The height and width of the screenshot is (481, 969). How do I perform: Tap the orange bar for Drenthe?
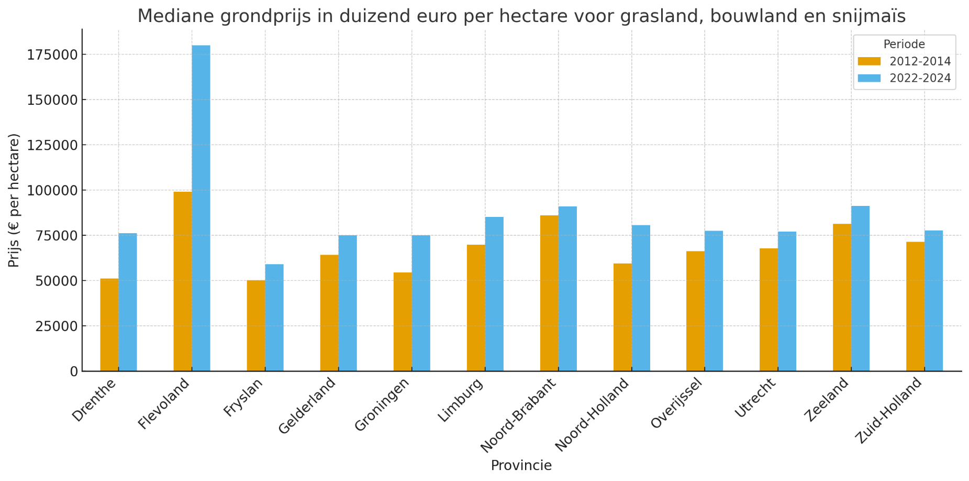[109, 325]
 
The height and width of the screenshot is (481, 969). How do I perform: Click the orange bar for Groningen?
[403, 322]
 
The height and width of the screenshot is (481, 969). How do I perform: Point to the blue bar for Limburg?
[494, 294]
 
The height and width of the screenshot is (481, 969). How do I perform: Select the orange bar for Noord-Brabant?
[549, 293]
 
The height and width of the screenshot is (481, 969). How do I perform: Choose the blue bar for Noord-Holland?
[641, 298]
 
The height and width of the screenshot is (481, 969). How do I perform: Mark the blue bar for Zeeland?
[860, 289]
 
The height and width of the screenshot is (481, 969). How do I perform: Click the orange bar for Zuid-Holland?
[915, 307]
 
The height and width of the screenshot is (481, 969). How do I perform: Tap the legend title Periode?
[904, 45]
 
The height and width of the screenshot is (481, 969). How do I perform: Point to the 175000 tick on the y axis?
[52, 54]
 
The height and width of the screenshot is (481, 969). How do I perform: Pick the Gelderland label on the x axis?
[307, 406]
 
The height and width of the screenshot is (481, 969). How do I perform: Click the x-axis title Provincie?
[521, 465]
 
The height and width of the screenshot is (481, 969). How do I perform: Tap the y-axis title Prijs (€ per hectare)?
[14, 200]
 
